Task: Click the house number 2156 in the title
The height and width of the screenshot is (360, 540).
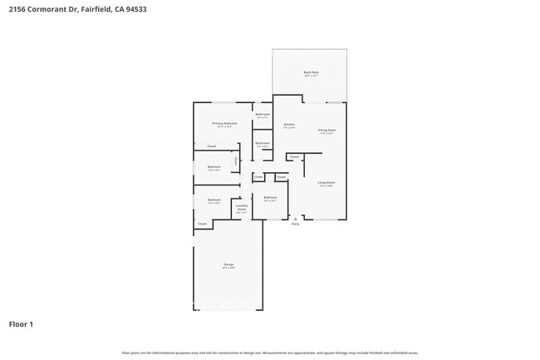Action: coord(17,9)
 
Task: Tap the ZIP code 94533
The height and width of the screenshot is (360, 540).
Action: coord(145,9)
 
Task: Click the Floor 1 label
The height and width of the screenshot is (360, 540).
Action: coord(22,323)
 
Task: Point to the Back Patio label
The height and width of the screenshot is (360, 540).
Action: coord(311,72)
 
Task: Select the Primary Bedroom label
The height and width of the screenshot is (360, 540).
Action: coord(224,123)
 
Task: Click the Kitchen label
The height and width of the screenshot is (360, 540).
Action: coord(289,125)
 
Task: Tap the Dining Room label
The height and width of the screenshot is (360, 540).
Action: coord(326,130)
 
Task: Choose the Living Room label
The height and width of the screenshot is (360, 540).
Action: coord(326,182)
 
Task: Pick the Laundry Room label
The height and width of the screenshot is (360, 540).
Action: coord(242,209)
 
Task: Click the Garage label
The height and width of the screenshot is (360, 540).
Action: coord(228,265)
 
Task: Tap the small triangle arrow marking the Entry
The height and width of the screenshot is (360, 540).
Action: coord(295,218)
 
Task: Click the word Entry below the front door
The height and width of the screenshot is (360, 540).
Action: coord(295,224)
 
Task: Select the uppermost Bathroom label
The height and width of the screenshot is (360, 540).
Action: coord(263,114)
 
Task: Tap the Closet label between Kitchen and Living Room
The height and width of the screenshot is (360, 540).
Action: coord(294,156)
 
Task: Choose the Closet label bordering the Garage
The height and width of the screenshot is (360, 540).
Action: coord(202,224)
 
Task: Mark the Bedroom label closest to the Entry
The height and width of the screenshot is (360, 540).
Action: coord(270,197)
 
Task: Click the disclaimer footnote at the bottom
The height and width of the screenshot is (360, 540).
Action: coord(270,353)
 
